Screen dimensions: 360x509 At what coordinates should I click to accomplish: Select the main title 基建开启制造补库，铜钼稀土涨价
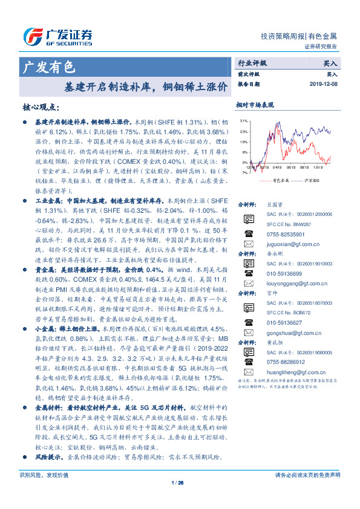146,86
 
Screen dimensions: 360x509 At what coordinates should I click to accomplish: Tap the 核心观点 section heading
41,107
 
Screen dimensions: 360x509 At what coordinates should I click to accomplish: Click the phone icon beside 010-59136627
249,322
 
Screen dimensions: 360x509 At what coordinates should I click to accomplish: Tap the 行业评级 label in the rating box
252,62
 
